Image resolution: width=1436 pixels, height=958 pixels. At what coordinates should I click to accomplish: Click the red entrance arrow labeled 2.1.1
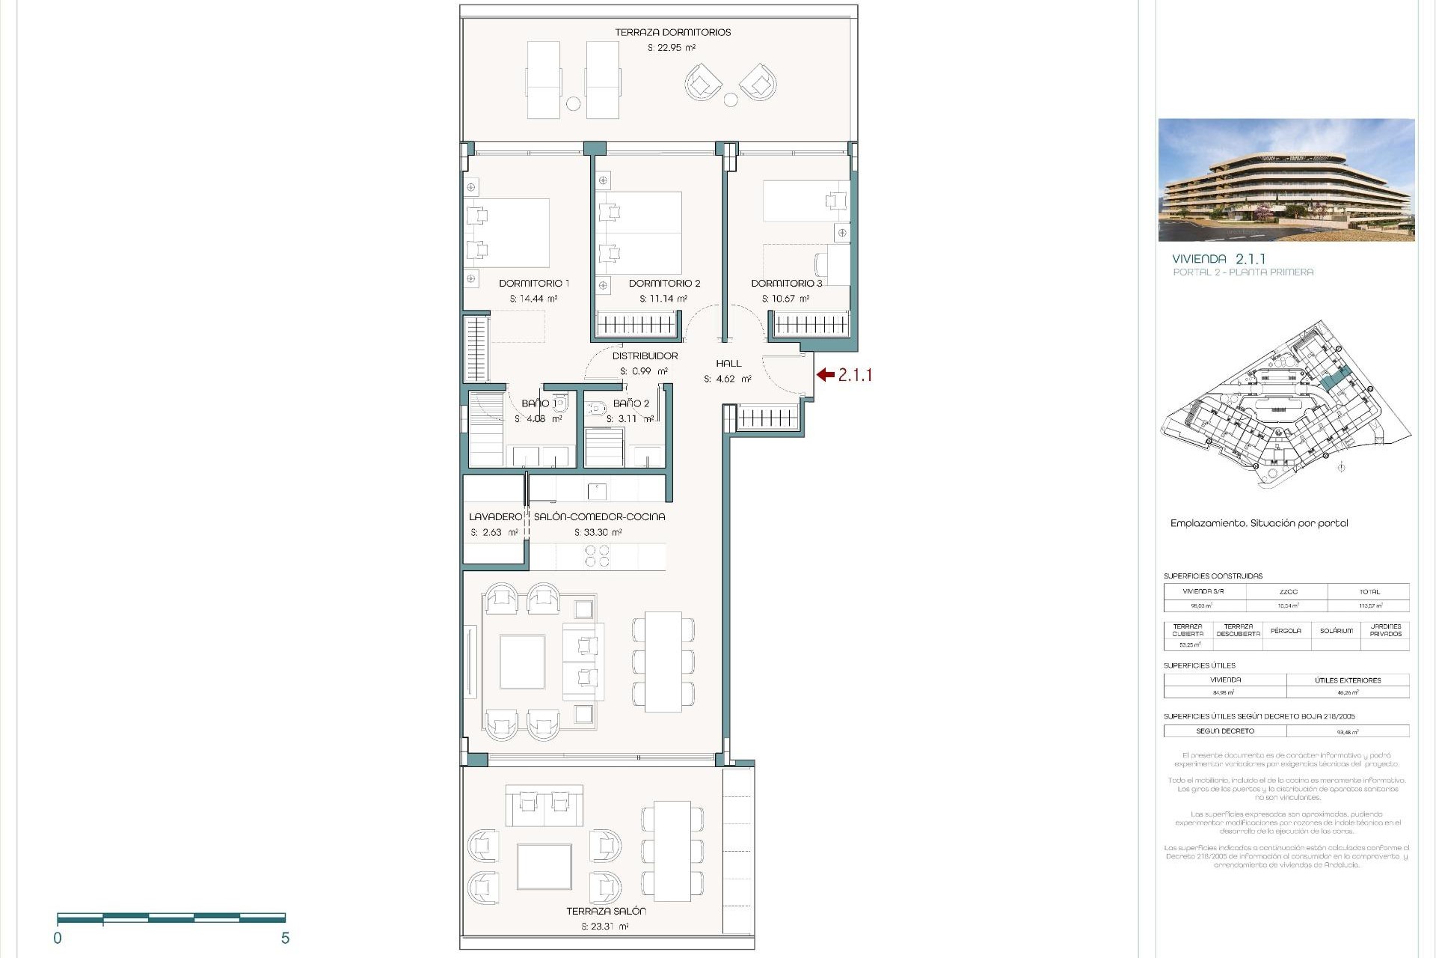point(825,375)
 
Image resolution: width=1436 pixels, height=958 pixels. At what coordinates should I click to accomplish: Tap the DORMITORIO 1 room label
point(534,284)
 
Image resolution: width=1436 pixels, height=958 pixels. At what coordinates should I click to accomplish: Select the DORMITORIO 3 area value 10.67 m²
point(785,299)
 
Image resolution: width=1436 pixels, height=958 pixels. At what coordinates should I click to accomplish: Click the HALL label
point(728,364)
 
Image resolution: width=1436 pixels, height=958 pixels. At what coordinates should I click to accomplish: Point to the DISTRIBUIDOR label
point(645,356)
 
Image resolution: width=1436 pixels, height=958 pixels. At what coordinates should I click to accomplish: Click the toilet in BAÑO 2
point(597,409)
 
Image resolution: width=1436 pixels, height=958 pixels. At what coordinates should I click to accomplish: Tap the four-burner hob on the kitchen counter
point(597,556)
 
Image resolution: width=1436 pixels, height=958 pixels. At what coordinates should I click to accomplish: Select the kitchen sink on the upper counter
point(597,491)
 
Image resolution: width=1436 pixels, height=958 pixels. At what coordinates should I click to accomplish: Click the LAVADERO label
point(495,517)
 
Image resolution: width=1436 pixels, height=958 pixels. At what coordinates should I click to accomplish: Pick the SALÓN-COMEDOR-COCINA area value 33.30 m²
point(598,533)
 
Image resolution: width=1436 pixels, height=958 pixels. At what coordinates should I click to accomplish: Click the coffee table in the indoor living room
point(522,662)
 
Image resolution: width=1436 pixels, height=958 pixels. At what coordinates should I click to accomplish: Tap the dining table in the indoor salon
point(663,662)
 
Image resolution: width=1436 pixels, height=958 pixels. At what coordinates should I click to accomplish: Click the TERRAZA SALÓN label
point(606,912)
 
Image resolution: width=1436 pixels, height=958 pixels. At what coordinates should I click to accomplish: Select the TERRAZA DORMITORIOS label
point(672,33)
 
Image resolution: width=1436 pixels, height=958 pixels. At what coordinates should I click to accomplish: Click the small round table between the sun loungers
point(573,104)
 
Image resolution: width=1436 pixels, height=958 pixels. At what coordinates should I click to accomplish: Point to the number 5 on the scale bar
point(285,939)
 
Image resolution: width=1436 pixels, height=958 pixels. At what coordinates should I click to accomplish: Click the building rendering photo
point(1286,180)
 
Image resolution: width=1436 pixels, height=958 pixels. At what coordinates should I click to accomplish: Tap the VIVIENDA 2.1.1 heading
point(1218,259)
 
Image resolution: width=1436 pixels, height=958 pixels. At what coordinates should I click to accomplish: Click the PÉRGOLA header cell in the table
point(1286,631)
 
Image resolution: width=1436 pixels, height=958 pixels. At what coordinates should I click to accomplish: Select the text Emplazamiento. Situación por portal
point(1259,524)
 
